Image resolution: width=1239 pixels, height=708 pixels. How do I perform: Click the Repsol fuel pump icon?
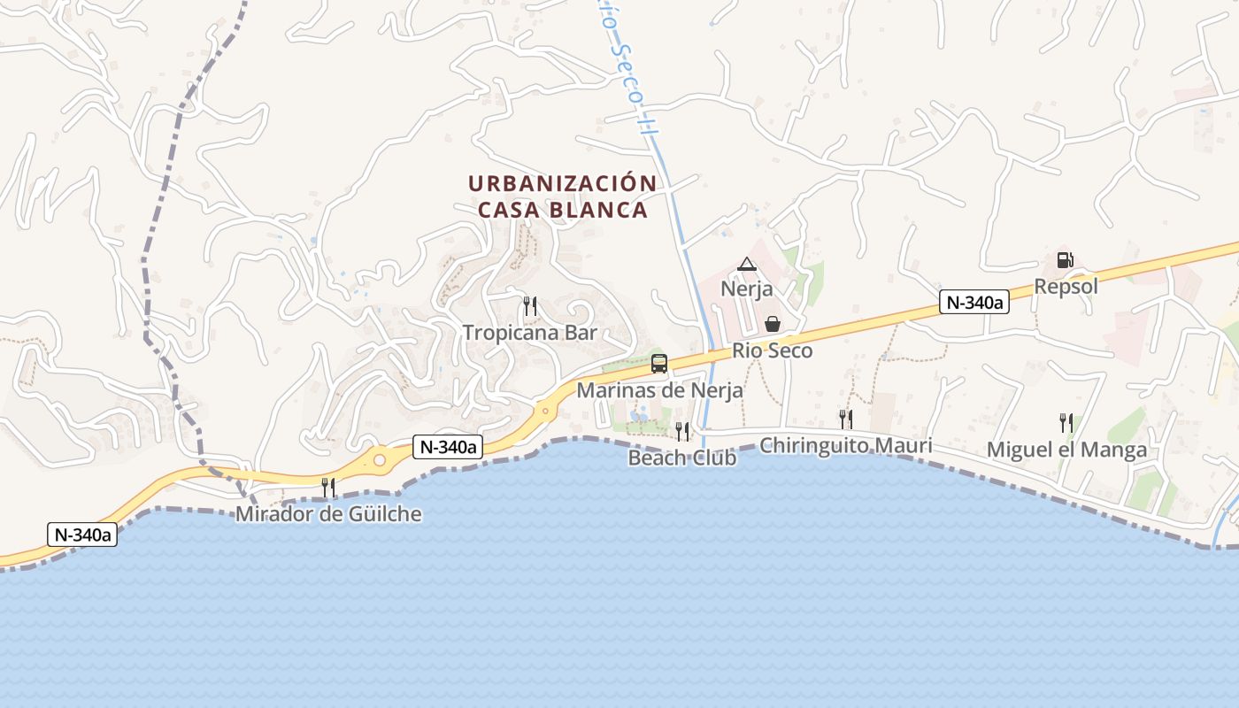click(x=1066, y=260)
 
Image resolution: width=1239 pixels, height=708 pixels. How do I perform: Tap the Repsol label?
click(x=1066, y=286)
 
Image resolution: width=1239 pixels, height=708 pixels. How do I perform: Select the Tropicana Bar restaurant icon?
click(x=530, y=306)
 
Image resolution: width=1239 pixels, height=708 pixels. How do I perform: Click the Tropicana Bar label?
click(x=530, y=333)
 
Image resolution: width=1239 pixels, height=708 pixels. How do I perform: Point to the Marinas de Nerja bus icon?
click(x=659, y=363)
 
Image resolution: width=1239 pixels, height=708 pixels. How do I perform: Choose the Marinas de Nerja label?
click(x=659, y=389)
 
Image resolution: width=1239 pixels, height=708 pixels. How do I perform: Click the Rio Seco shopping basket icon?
click(x=772, y=324)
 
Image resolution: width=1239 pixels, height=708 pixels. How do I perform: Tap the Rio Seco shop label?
click(x=772, y=350)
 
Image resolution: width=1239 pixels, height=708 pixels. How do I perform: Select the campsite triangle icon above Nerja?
click(x=747, y=264)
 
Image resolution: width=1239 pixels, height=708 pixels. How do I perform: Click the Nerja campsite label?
click(x=747, y=289)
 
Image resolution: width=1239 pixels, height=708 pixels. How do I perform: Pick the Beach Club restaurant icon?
click(x=682, y=431)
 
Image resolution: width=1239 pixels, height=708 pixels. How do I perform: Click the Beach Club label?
click(x=682, y=458)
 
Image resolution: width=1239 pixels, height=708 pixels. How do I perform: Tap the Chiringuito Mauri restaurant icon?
click(x=846, y=419)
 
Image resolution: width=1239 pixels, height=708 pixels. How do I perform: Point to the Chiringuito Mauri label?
click(x=846, y=445)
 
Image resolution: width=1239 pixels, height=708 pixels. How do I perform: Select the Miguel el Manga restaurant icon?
click(x=1066, y=423)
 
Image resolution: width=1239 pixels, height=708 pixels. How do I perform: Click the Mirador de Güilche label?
click(x=328, y=514)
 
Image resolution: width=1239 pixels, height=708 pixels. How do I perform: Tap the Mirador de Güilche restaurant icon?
click(x=328, y=488)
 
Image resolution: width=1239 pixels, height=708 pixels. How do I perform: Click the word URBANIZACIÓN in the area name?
click(x=562, y=184)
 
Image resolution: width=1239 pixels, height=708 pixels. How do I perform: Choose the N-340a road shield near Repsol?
click(x=973, y=303)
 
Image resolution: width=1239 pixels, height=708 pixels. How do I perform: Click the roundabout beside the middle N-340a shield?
click(x=380, y=459)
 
